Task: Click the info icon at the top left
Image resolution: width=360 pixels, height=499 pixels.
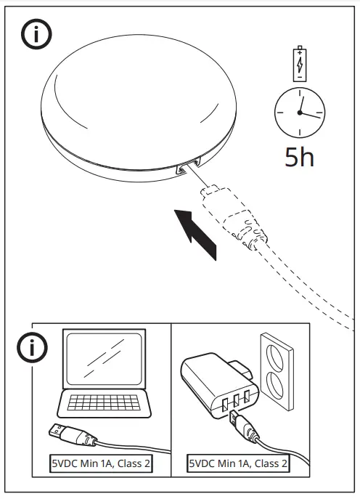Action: click(36, 35)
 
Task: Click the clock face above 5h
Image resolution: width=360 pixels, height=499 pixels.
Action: click(298, 113)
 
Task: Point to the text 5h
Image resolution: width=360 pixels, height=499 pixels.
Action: click(299, 157)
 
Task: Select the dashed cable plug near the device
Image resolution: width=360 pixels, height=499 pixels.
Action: click(218, 196)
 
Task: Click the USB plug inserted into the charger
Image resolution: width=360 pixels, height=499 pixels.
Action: click(232, 418)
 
